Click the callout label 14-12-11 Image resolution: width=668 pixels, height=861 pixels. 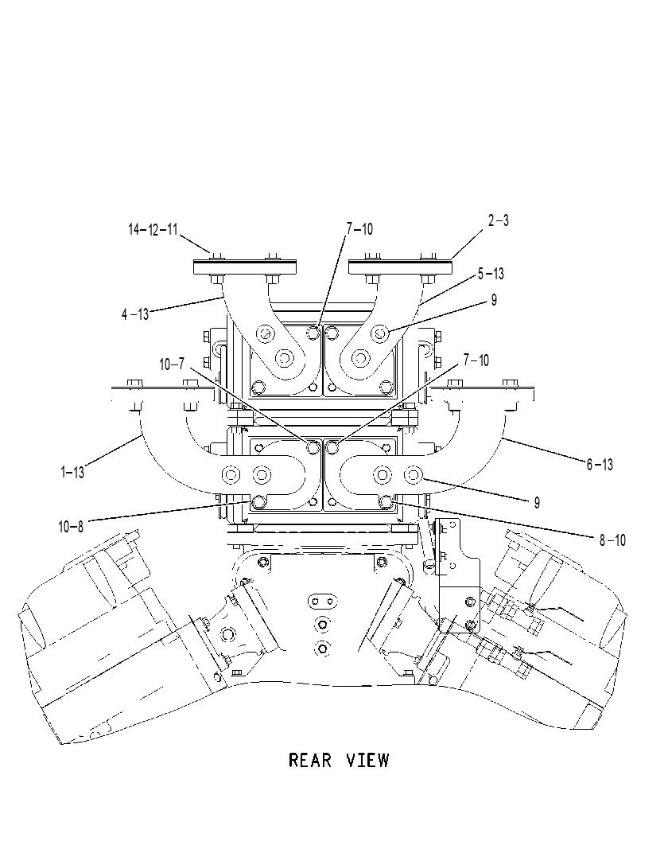point(153,229)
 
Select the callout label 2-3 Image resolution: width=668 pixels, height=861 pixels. point(499,220)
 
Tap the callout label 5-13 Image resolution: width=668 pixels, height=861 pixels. point(491,274)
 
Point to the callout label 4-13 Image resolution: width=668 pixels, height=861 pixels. point(135,314)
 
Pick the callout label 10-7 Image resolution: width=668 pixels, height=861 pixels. point(172,364)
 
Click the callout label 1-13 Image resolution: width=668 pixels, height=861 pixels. point(72,472)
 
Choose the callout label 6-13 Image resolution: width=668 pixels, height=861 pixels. point(600,465)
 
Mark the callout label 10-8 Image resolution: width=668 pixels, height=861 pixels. point(71,527)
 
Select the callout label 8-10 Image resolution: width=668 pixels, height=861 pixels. point(612,540)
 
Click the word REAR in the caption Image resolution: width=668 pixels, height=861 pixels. point(310,761)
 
